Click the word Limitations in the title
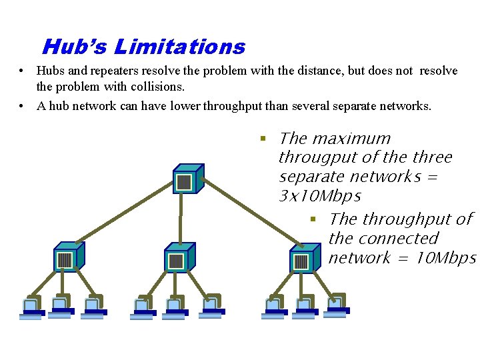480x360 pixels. (179, 47)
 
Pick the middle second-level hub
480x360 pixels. (178, 257)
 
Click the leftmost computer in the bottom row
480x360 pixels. (31, 308)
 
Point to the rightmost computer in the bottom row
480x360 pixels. (337, 304)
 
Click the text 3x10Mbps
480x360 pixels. (319, 197)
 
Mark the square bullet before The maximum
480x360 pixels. (263, 139)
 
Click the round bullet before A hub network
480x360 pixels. (22, 106)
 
